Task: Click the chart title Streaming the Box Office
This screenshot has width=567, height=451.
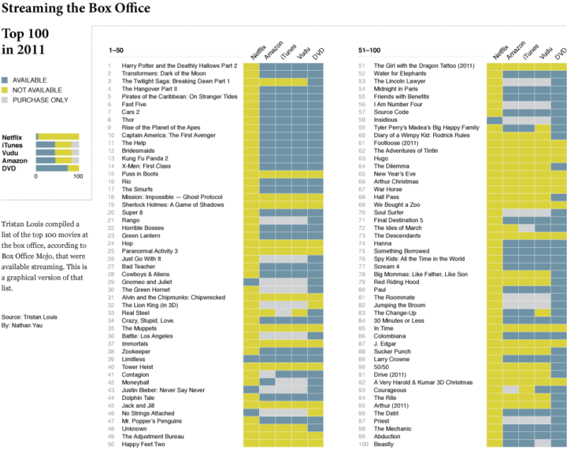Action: click(76, 8)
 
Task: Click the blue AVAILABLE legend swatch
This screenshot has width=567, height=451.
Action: click(5, 80)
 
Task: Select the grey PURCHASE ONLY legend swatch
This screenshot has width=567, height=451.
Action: click(5, 100)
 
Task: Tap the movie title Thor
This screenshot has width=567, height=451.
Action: click(128, 120)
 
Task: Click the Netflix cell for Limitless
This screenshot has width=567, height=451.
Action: click(251, 359)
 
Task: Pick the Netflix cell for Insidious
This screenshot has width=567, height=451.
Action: click(495, 120)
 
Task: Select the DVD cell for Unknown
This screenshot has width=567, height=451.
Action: click(315, 429)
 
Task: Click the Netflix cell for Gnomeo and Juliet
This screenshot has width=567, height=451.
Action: click(251, 282)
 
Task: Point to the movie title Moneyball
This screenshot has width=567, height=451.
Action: click(135, 383)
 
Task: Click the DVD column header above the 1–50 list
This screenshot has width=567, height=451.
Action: click(318, 54)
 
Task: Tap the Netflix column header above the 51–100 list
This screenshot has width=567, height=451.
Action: click(500, 52)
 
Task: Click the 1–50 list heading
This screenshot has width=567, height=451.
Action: click(116, 50)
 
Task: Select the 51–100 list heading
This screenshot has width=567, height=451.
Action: click(369, 50)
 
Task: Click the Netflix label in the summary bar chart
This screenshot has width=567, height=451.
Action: click(12, 138)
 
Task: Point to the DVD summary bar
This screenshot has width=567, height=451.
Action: click(57, 168)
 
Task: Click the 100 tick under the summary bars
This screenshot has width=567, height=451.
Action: click(78, 176)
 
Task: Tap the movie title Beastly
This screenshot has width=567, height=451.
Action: click(384, 444)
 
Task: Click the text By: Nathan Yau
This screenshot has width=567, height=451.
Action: click(22, 325)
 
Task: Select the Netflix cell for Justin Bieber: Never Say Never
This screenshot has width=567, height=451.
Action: click(251, 390)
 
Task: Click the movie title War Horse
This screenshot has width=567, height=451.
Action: click(387, 189)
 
